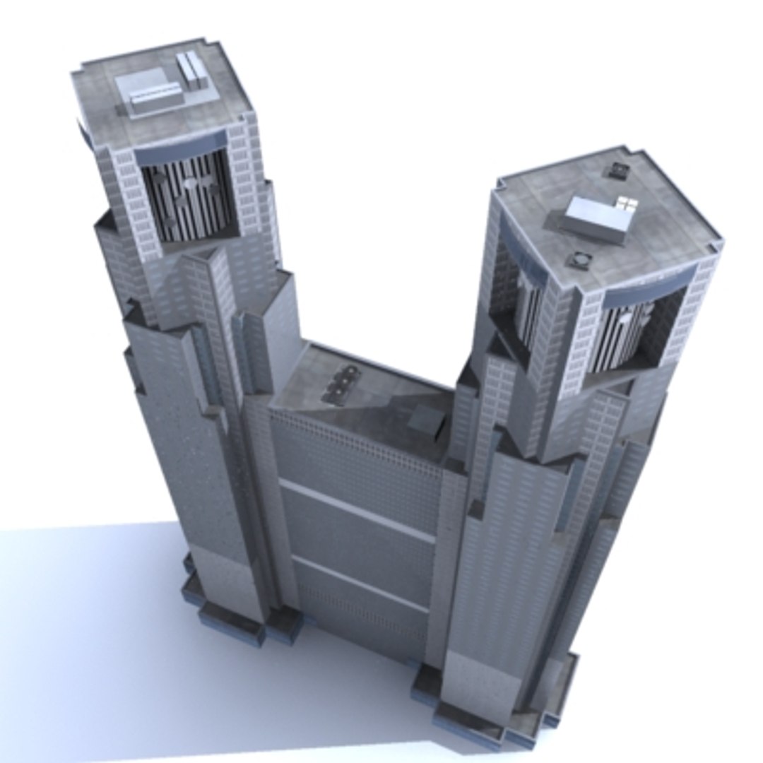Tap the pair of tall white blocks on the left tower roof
[192, 71]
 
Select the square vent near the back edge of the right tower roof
[620, 170]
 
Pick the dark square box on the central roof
[427, 422]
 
